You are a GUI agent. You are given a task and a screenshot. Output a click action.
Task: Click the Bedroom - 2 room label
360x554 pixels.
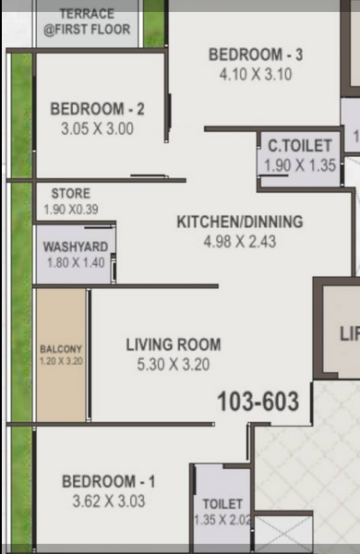point(98,109)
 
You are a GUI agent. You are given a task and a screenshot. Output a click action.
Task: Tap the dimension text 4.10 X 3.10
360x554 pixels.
point(256,75)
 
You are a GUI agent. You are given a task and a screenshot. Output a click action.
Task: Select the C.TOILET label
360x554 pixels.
point(300,146)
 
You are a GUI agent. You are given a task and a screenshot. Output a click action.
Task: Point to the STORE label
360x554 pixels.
point(71,193)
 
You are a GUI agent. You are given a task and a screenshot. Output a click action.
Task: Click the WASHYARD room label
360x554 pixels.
point(76,247)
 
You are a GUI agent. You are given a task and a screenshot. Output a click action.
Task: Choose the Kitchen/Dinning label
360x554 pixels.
point(240,222)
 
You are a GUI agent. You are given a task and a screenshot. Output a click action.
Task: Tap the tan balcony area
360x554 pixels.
point(61,355)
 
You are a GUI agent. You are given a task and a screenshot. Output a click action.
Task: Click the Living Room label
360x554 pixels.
point(174,344)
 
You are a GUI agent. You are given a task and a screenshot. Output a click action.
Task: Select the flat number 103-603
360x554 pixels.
point(258,402)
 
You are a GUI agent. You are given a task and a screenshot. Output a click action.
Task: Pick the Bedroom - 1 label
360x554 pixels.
point(108,482)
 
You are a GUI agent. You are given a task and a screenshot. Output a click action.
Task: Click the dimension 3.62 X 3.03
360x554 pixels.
point(109,501)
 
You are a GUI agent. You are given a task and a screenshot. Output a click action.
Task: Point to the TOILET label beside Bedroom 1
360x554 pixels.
point(222,504)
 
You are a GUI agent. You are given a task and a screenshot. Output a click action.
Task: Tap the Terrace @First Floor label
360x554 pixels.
point(87,22)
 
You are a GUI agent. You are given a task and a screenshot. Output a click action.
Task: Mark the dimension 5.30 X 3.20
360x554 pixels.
point(174,365)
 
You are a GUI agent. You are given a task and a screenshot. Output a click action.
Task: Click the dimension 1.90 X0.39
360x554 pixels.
point(71,210)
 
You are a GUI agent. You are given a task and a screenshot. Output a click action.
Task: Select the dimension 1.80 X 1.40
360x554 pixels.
point(76,262)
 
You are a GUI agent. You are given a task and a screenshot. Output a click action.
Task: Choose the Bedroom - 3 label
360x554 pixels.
point(256,54)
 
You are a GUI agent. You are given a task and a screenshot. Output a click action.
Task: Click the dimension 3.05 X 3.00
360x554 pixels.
point(98,128)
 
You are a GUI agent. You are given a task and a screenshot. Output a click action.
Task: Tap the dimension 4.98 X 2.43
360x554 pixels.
point(240,242)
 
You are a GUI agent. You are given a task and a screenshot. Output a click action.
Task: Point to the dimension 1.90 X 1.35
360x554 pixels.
point(300,165)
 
